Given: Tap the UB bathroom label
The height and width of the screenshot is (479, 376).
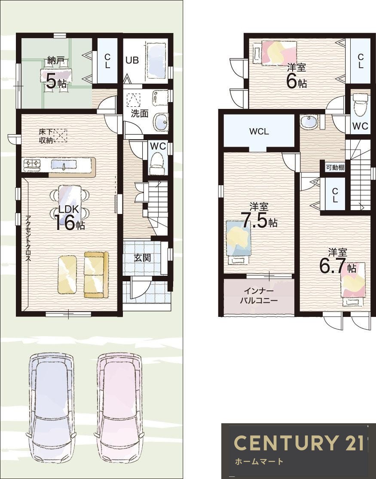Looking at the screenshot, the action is (x=132, y=60).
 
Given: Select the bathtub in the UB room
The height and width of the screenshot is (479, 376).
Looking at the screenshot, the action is (x=156, y=61).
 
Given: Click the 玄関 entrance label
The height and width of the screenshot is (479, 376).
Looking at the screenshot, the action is (x=142, y=258).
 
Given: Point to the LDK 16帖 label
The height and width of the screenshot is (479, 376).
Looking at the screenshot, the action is (x=70, y=217).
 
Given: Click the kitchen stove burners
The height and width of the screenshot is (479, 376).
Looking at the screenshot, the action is (x=32, y=165).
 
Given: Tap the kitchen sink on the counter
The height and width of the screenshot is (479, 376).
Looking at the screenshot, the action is (x=63, y=165).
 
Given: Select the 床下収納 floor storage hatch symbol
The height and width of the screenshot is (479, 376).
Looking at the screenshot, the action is (x=60, y=136).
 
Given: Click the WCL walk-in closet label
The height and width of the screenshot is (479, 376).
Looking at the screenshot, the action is (x=259, y=132).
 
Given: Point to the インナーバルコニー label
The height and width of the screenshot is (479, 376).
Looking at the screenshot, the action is (x=259, y=295).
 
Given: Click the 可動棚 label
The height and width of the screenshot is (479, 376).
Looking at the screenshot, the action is (x=335, y=167).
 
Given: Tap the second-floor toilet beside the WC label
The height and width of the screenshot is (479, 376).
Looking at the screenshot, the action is (x=360, y=105).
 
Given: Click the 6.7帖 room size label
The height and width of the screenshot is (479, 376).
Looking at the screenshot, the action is (x=338, y=261).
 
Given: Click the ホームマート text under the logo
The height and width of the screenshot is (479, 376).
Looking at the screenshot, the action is (x=259, y=461).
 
